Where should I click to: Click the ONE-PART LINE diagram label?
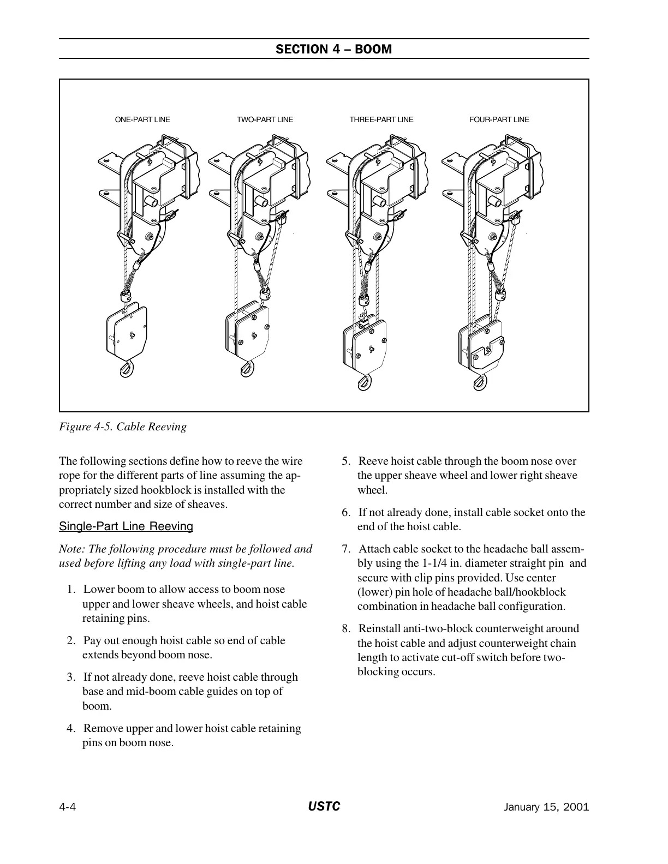click(x=142, y=119)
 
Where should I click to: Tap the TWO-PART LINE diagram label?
click(x=265, y=119)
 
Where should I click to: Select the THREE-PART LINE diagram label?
click(x=381, y=119)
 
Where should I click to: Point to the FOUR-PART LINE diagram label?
click(x=499, y=119)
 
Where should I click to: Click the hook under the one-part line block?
click(x=126, y=370)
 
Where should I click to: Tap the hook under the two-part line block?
click(x=245, y=370)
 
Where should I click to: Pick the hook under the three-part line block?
click(x=361, y=381)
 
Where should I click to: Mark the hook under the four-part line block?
click(x=480, y=381)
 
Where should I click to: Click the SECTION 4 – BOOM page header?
click(x=333, y=49)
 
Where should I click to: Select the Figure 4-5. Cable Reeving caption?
click(x=123, y=427)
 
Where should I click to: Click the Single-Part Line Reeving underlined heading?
click(x=126, y=526)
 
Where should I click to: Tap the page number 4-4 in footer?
click(x=67, y=807)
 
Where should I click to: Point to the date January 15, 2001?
click(x=546, y=807)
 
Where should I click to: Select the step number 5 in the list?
click(x=346, y=461)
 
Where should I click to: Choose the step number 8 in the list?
click(x=346, y=629)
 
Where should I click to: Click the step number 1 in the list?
click(x=71, y=590)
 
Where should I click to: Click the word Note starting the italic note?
click(x=71, y=549)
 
